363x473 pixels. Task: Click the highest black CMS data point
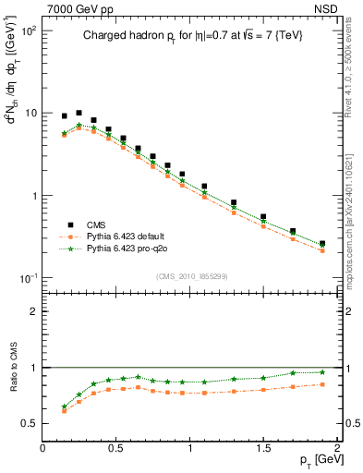click(x=79, y=113)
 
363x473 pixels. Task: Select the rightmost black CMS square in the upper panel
click(x=321, y=244)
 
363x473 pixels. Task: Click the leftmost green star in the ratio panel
click(x=64, y=406)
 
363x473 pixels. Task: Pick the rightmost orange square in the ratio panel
click(x=321, y=384)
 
